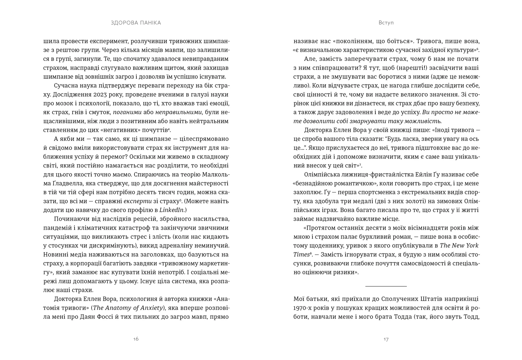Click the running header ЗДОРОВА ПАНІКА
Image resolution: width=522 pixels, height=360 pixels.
point(136,23)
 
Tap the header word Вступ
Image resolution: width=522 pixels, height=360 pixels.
point(386,23)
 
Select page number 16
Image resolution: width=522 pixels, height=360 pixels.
point(136,339)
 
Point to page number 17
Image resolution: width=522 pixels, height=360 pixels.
point(386,339)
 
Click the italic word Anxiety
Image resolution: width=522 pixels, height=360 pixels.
point(150,308)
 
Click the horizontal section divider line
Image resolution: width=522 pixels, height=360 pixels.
point(386,286)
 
